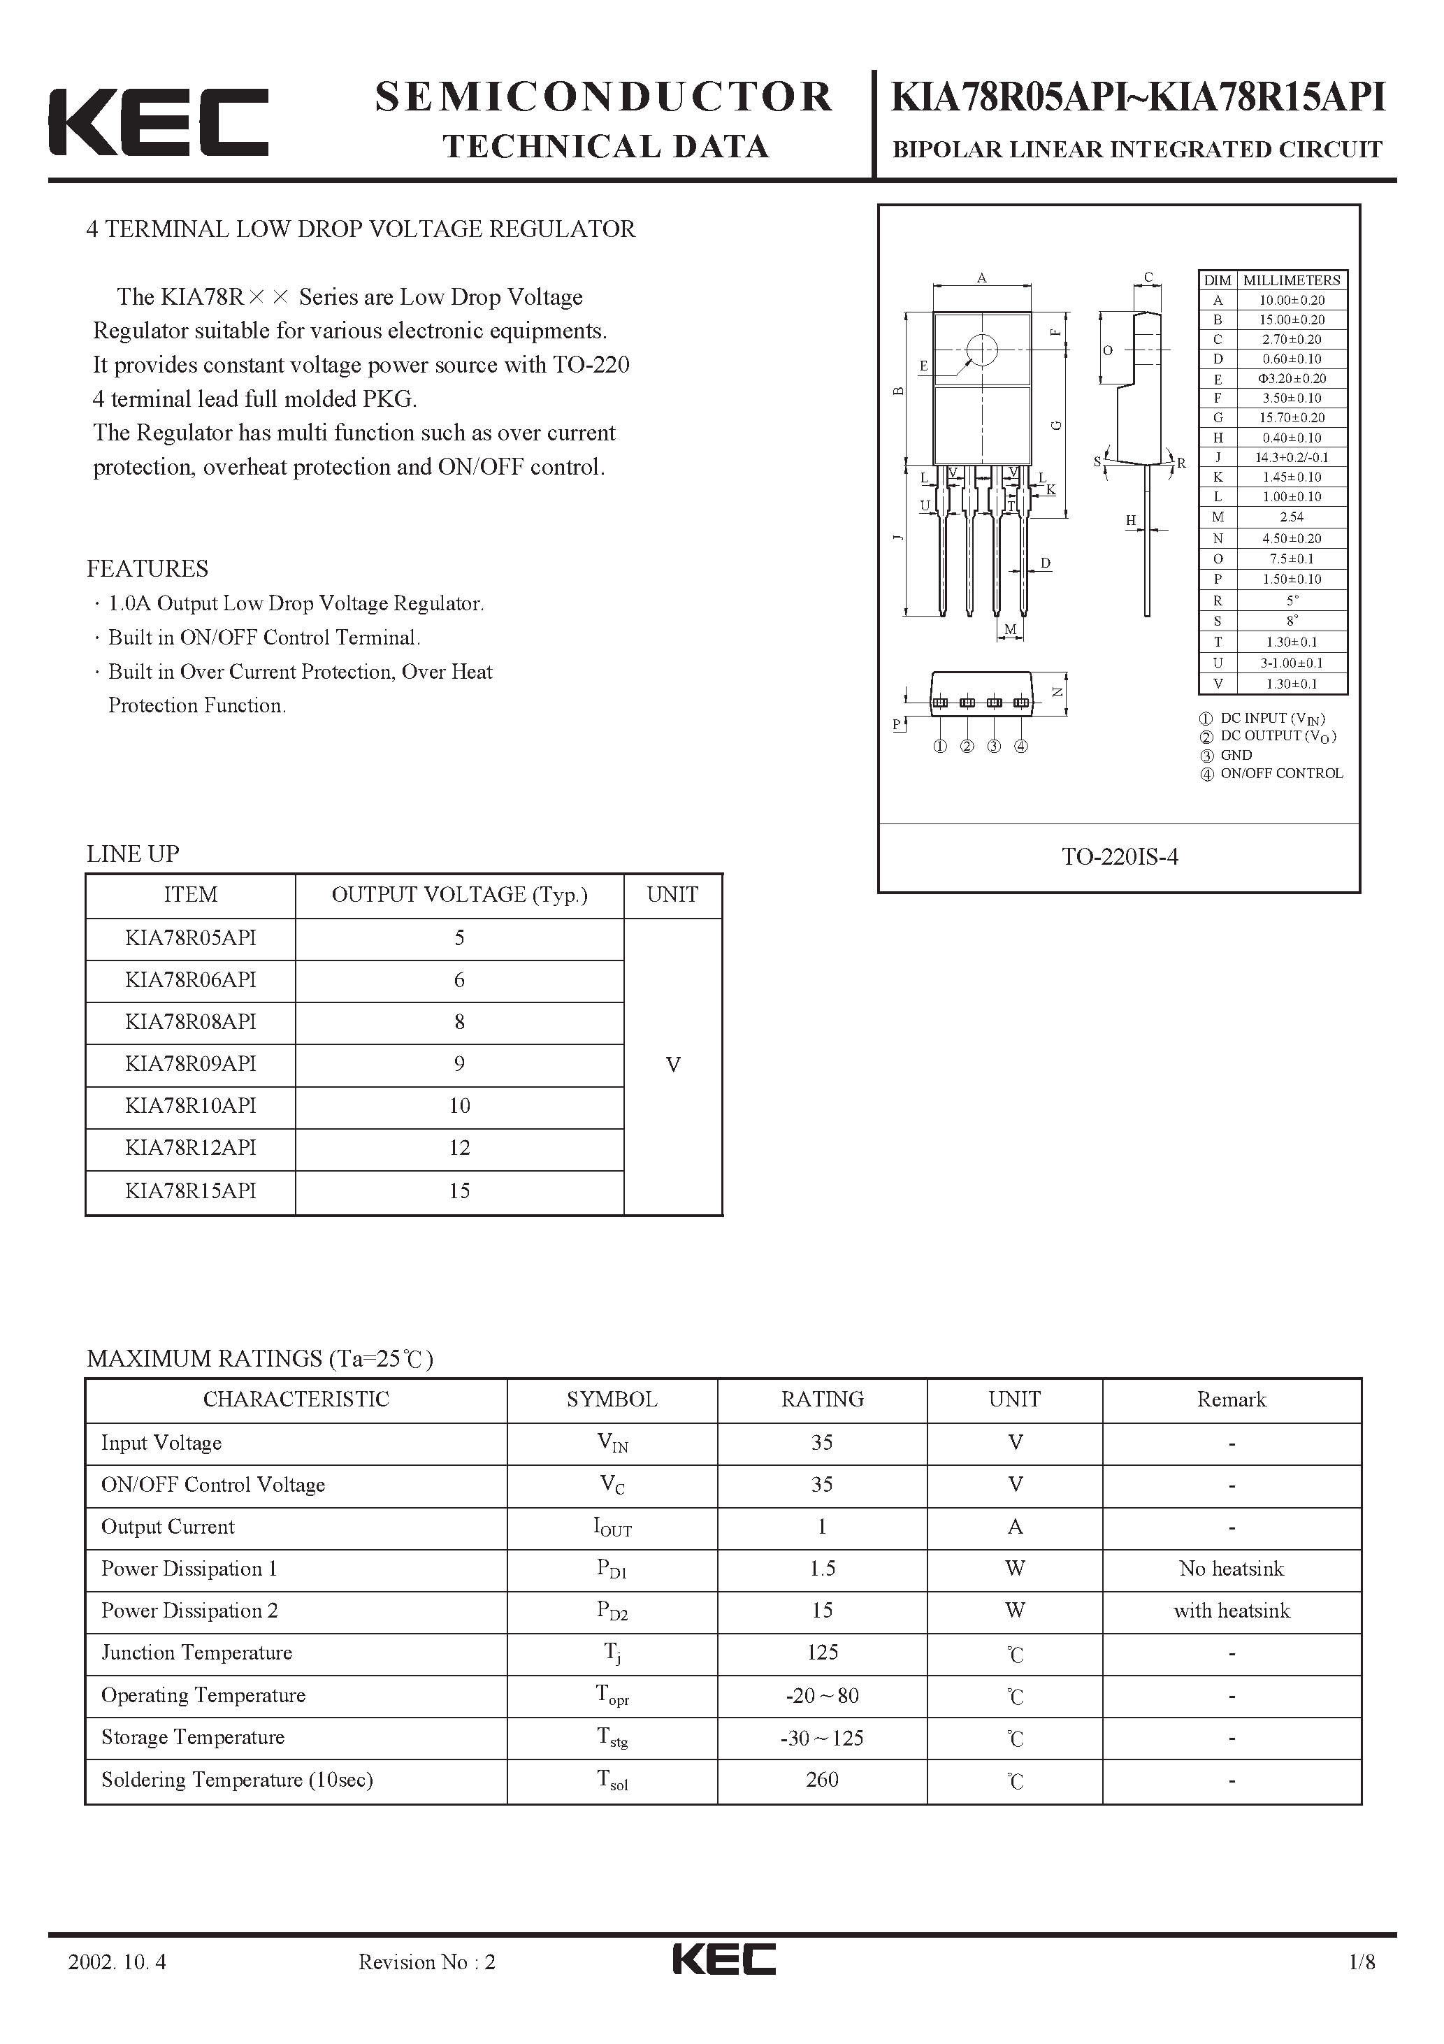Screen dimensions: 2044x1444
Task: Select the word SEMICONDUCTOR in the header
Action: pyautogui.click(x=604, y=97)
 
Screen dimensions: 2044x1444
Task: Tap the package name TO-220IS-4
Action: pyautogui.click(x=1119, y=856)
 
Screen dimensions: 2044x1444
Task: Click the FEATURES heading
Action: pyautogui.click(x=147, y=569)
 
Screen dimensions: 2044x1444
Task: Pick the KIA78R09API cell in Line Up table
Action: pyautogui.click(x=191, y=1064)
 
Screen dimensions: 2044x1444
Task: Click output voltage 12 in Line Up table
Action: pyautogui.click(x=459, y=1149)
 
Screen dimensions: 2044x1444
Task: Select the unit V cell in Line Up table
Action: pyautogui.click(x=673, y=1065)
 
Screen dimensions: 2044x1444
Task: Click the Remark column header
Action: pyautogui.click(x=1232, y=1399)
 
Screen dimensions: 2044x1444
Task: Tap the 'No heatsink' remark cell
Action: pyautogui.click(x=1232, y=1569)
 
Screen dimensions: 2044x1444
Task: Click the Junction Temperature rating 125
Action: pyautogui.click(x=822, y=1653)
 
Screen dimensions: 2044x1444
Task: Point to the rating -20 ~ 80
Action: pyautogui.click(x=822, y=1696)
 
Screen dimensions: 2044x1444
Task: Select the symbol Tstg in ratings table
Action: pyautogui.click(x=612, y=1738)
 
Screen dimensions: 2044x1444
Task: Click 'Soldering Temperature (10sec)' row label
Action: pyautogui.click(x=237, y=1780)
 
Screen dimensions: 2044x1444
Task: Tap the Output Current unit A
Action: pyautogui.click(x=1015, y=1527)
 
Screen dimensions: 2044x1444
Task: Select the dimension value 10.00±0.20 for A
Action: pyautogui.click(x=1291, y=301)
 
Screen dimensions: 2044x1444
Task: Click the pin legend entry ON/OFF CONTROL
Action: pyautogui.click(x=1280, y=774)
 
